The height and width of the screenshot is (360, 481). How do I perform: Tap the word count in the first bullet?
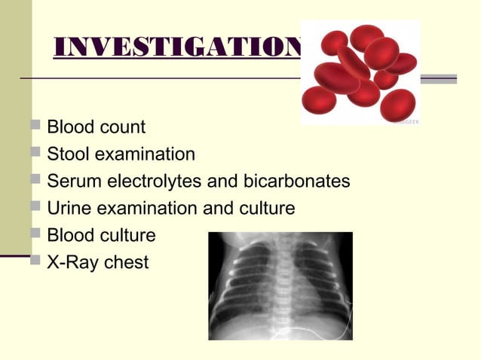click(121, 127)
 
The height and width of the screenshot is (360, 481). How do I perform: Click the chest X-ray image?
click(280, 286)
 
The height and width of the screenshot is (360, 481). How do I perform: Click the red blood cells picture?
click(360, 72)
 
